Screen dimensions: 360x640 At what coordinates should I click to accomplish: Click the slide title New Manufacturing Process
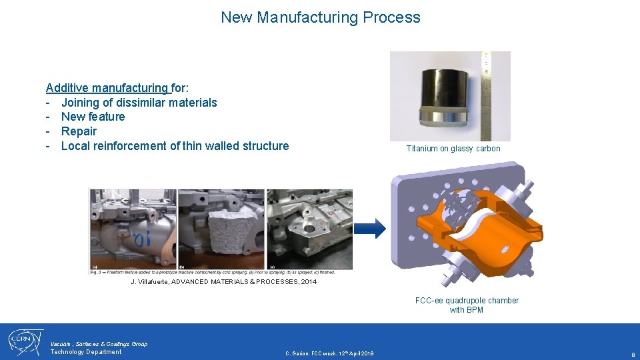[321, 17]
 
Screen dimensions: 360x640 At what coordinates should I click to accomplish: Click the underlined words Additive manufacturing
[107, 88]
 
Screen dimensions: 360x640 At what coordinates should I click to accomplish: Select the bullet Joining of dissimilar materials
[139, 103]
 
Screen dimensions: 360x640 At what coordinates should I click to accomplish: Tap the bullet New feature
[93, 117]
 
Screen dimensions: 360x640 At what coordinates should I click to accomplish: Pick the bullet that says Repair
[79, 131]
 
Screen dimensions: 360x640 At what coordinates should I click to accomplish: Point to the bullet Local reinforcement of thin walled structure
[175, 146]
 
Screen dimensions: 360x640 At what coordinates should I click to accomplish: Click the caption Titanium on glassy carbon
[453, 149]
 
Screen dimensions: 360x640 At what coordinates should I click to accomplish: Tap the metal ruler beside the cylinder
[487, 93]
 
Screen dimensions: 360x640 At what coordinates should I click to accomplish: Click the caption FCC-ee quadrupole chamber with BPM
[467, 305]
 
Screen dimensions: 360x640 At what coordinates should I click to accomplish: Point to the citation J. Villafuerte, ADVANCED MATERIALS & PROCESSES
[223, 282]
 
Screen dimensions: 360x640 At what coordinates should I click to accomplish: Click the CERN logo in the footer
[25, 342]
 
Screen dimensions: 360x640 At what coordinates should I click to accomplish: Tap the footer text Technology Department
[86, 352]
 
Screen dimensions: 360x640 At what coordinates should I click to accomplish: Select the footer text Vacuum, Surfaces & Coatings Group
[99, 344]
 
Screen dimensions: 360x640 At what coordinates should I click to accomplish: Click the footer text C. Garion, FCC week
[329, 353]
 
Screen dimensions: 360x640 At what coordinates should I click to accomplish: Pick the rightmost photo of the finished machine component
[309, 229]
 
